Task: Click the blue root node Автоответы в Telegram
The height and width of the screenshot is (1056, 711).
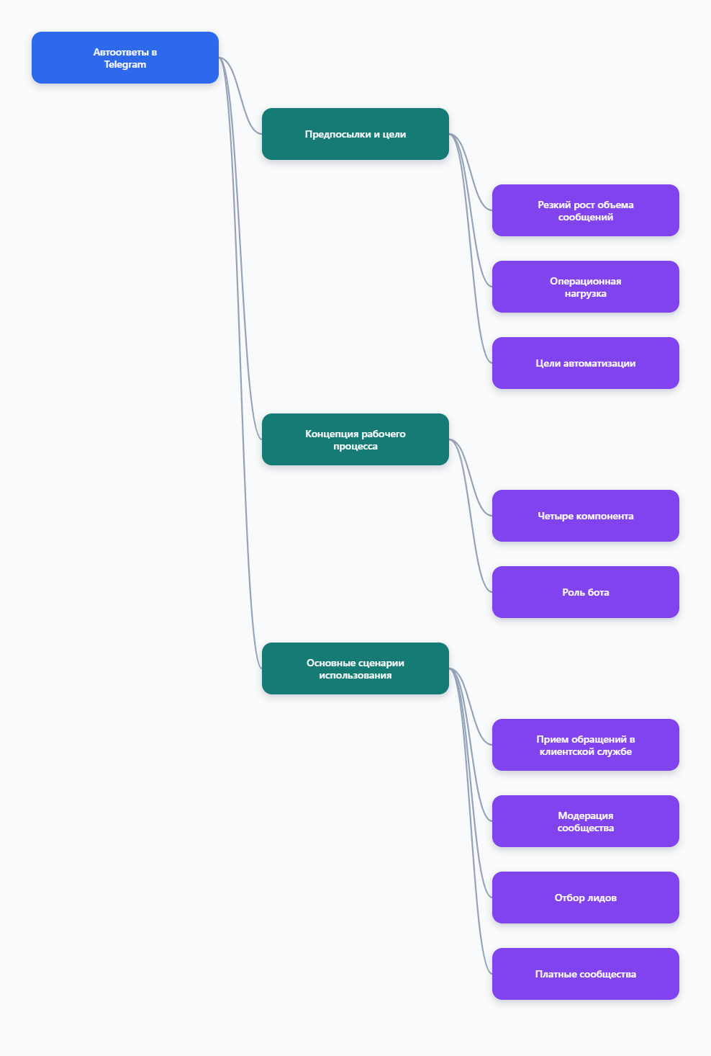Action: coord(124,58)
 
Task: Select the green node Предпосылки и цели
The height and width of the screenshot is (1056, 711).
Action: coord(355,134)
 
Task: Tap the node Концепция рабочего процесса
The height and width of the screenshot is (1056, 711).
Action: coord(355,439)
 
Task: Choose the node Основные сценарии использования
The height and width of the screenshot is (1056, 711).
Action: coord(355,668)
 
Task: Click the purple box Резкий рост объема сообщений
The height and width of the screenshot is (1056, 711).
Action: coord(585,210)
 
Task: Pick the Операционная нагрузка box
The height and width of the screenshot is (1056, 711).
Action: coord(585,287)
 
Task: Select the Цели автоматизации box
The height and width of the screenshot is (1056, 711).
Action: coord(585,363)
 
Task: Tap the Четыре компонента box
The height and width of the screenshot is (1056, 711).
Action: coord(585,516)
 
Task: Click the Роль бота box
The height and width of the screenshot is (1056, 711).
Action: coord(585,592)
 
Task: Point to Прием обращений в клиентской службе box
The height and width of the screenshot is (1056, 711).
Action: coord(585,745)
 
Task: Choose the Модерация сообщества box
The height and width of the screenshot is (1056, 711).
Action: coord(585,821)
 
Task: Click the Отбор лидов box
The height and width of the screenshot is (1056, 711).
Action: coord(585,898)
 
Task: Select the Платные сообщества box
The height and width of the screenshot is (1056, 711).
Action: coord(585,974)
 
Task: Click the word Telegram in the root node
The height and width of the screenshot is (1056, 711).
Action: coord(124,65)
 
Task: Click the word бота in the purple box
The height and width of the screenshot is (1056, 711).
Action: coord(597,592)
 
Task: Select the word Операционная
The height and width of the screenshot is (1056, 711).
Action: coord(585,282)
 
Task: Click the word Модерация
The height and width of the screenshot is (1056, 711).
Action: coord(585,816)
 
